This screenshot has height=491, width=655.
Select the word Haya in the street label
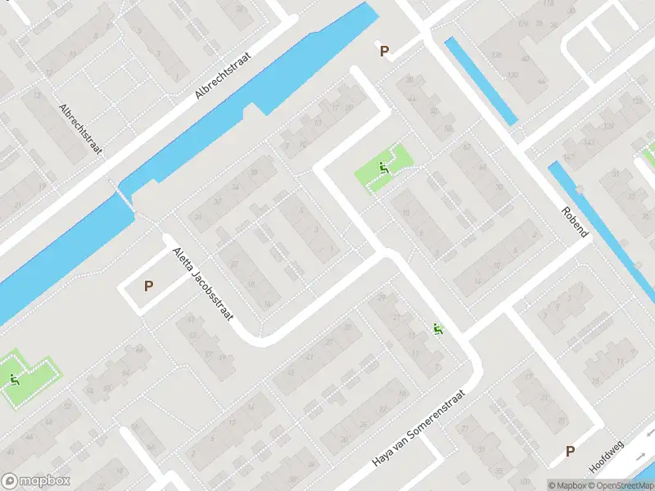[x=382, y=458]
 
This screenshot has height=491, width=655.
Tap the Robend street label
[x=574, y=221]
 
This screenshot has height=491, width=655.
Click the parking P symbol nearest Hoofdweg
[x=570, y=451]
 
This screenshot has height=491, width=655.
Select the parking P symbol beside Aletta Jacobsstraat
[x=148, y=286]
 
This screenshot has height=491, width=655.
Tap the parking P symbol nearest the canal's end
[x=384, y=52]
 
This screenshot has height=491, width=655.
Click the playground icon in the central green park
[x=383, y=169]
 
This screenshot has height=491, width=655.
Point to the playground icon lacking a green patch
[x=438, y=329]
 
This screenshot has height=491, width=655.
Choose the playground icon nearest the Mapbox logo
[x=14, y=379]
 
